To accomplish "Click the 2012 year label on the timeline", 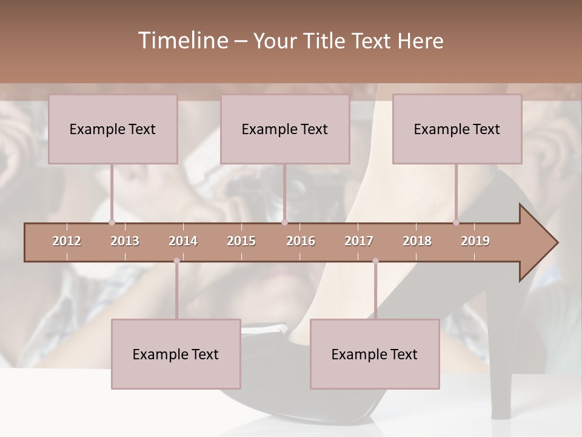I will click(67, 241).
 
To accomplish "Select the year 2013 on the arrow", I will click(125, 241).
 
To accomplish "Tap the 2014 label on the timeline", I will click(183, 241).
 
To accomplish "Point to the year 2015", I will click(241, 241).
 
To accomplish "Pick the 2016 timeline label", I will click(301, 241).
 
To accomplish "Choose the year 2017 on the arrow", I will click(359, 241).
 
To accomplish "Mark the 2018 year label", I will click(417, 241).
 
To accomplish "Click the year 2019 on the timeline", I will click(475, 241).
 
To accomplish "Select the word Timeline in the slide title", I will click(182, 41).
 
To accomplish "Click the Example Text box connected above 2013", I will click(113, 129).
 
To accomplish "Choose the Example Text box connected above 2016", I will click(285, 129).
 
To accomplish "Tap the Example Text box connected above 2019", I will click(457, 129).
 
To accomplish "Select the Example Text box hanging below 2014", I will click(176, 354).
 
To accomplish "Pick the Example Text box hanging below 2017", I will click(375, 354).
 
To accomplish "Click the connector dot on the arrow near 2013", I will click(112, 222).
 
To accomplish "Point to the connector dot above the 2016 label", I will click(284, 222).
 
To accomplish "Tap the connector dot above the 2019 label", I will click(457, 222).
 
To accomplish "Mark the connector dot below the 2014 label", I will click(176, 261).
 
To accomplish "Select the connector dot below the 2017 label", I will click(375, 261).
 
